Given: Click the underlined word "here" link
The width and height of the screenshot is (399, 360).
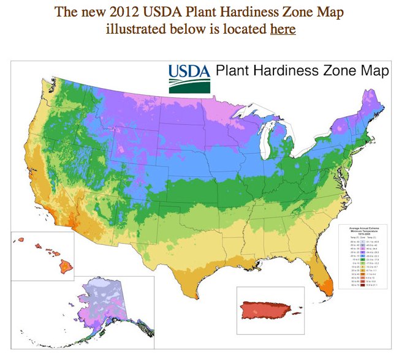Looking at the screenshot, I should [283, 29].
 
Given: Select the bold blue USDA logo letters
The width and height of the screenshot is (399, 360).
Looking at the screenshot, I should [189, 72].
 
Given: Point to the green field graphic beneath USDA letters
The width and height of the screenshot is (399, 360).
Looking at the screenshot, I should [189, 87].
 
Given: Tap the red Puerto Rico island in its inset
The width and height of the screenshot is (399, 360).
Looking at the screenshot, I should [268, 310].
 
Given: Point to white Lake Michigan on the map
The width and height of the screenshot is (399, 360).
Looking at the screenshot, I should [265, 138].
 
